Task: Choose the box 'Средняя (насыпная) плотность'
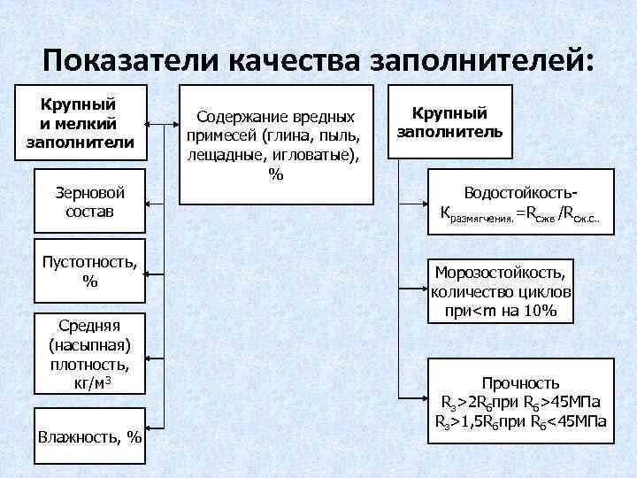(x=89, y=352)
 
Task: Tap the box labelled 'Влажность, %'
(x=89, y=436)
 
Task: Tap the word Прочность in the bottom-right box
(x=520, y=382)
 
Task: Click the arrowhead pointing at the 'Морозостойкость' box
(x=424, y=289)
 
